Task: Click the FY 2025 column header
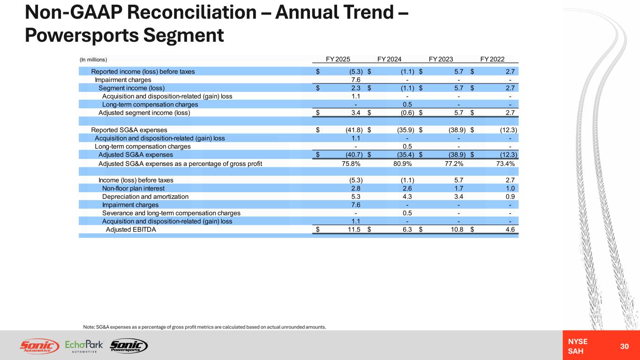click(x=338, y=59)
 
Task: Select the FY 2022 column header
click(x=492, y=59)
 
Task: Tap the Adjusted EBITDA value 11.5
click(x=354, y=229)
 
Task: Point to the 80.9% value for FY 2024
click(x=403, y=164)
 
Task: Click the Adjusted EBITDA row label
click(x=131, y=229)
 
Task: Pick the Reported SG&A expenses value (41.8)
click(x=354, y=130)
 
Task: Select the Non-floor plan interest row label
click(x=133, y=188)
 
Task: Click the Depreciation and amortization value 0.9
click(x=510, y=196)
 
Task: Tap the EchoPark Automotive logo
click(x=84, y=346)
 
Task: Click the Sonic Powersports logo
click(x=129, y=346)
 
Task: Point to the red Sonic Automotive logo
click(x=39, y=346)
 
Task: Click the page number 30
click(x=624, y=346)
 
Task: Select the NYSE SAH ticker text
click(x=578, y=346)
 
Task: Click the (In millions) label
click(x=93, y=60)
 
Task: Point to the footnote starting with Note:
click(x=204, y=327)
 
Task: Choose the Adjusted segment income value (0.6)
click(x=407, y=113)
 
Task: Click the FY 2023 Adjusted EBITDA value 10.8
click(x=457, y=229)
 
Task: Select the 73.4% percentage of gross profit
click(x=505, y=164)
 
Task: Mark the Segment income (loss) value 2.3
click(x=356, y=88)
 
